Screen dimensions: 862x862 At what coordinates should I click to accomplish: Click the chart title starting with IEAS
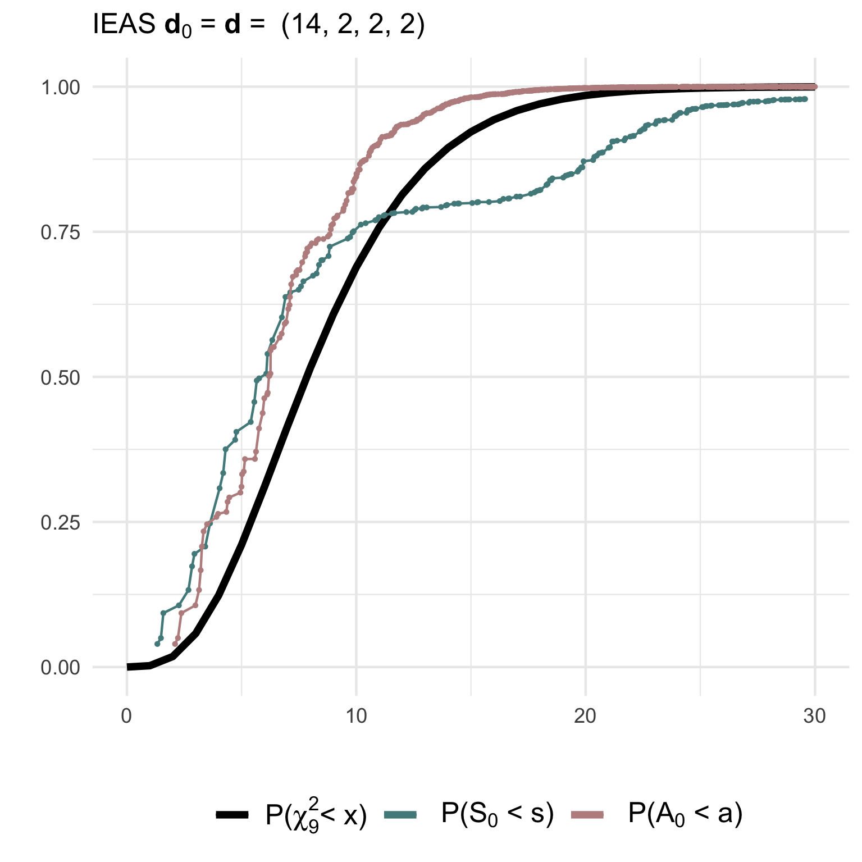coord(259,26)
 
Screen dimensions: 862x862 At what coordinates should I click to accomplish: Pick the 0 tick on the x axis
coord(127,716)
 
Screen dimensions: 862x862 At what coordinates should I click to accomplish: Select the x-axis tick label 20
coord(585,716)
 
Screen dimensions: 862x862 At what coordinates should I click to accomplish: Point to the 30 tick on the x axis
coord(814,716)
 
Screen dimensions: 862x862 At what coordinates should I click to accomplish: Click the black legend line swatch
coord(232,815)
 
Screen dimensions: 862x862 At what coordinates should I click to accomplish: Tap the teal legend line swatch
coord(400,815)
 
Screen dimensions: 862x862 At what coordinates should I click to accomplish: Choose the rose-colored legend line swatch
coord(587,815)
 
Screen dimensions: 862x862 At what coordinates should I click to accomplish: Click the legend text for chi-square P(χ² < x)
coord(316,815)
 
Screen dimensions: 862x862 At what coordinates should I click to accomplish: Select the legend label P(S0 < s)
coord(498,814)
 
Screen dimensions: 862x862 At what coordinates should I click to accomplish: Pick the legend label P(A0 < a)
coord(685,814)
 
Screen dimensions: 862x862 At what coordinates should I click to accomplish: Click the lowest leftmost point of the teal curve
coord(157,644)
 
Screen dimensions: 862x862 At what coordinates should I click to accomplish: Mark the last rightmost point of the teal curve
coord(805,99)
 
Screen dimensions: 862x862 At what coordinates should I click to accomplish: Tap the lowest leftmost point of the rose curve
coord(175,644)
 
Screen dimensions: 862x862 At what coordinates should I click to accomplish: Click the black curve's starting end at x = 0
coord(127,667)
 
